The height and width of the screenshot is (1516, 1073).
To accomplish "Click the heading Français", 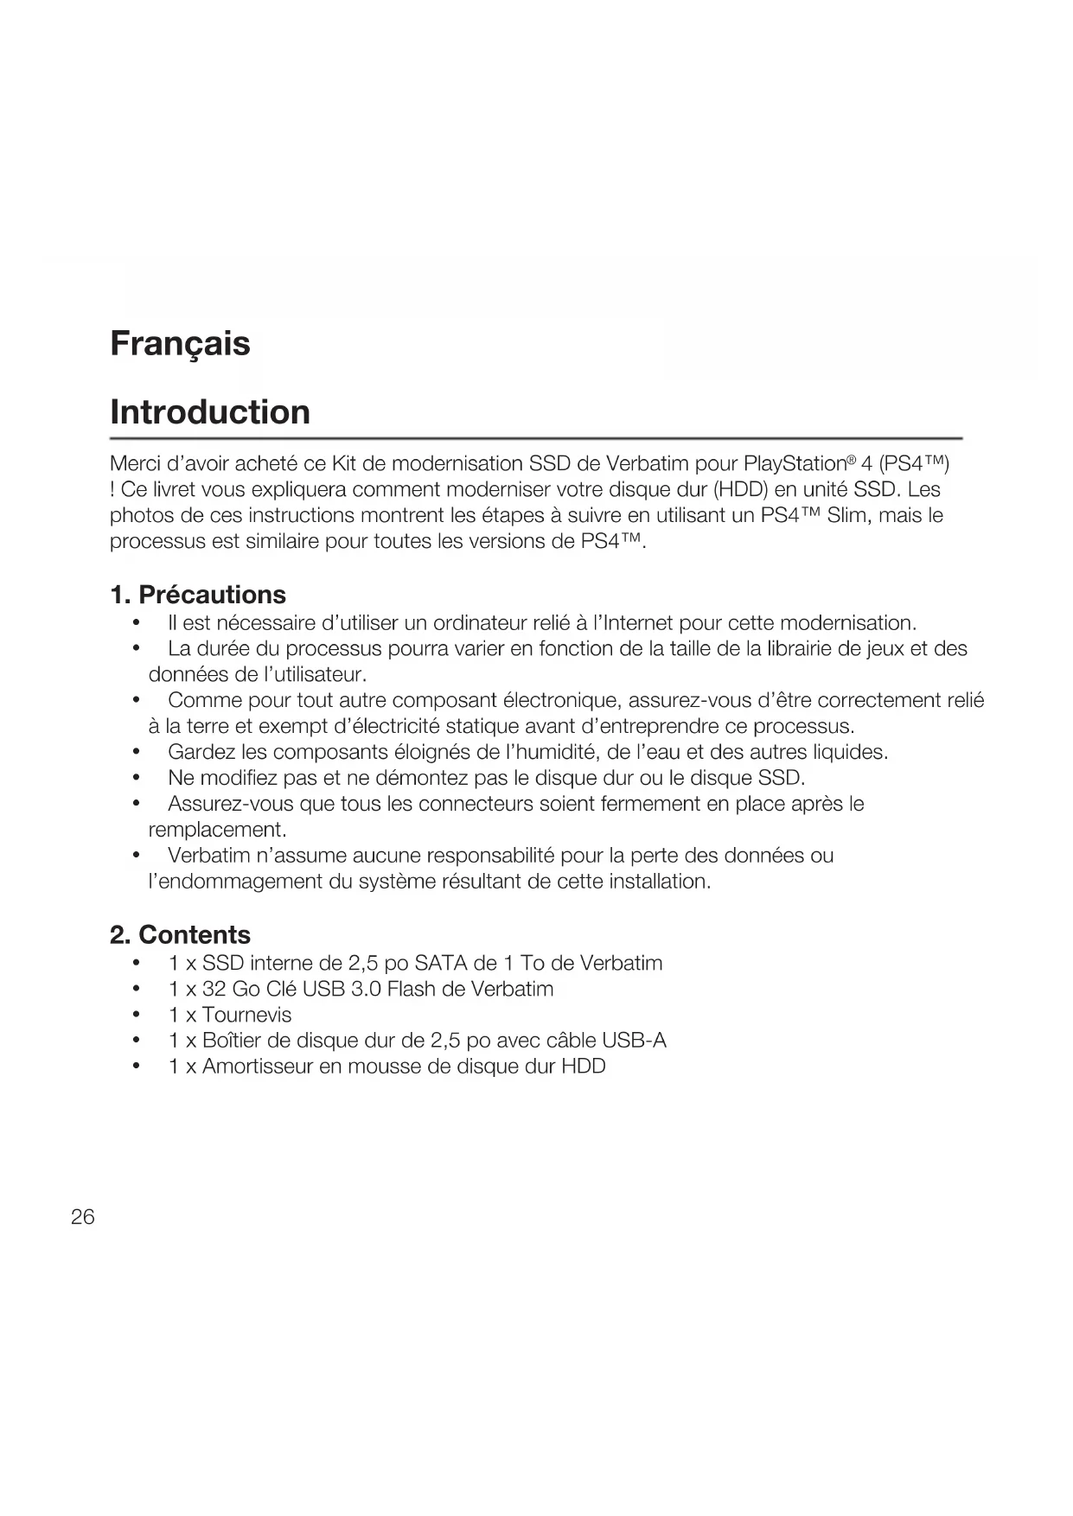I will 180,344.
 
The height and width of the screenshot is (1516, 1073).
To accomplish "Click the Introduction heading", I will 210,412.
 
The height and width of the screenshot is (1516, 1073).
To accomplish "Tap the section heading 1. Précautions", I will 198,595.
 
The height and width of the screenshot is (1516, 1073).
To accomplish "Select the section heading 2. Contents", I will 180,934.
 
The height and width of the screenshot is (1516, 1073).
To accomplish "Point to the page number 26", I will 83,1217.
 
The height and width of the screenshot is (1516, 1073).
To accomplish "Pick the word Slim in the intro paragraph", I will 846,516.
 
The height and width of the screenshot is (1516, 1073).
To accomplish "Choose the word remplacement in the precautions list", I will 216,830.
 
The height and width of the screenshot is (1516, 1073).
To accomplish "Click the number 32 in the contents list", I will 214,989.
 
